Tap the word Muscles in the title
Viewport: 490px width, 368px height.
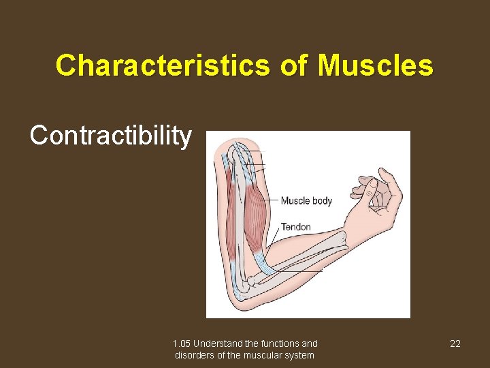pos(376,66)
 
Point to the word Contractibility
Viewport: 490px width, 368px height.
pos(111,136)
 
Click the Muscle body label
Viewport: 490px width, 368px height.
pos(306,200)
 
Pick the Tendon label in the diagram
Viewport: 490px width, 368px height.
pos(295,227)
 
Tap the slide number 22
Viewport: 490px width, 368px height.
pos(455,343)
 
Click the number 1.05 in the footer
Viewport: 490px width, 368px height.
pos(181,343)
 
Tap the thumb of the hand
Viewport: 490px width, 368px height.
pos(359,185)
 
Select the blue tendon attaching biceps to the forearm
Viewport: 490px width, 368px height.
pos(264,262)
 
